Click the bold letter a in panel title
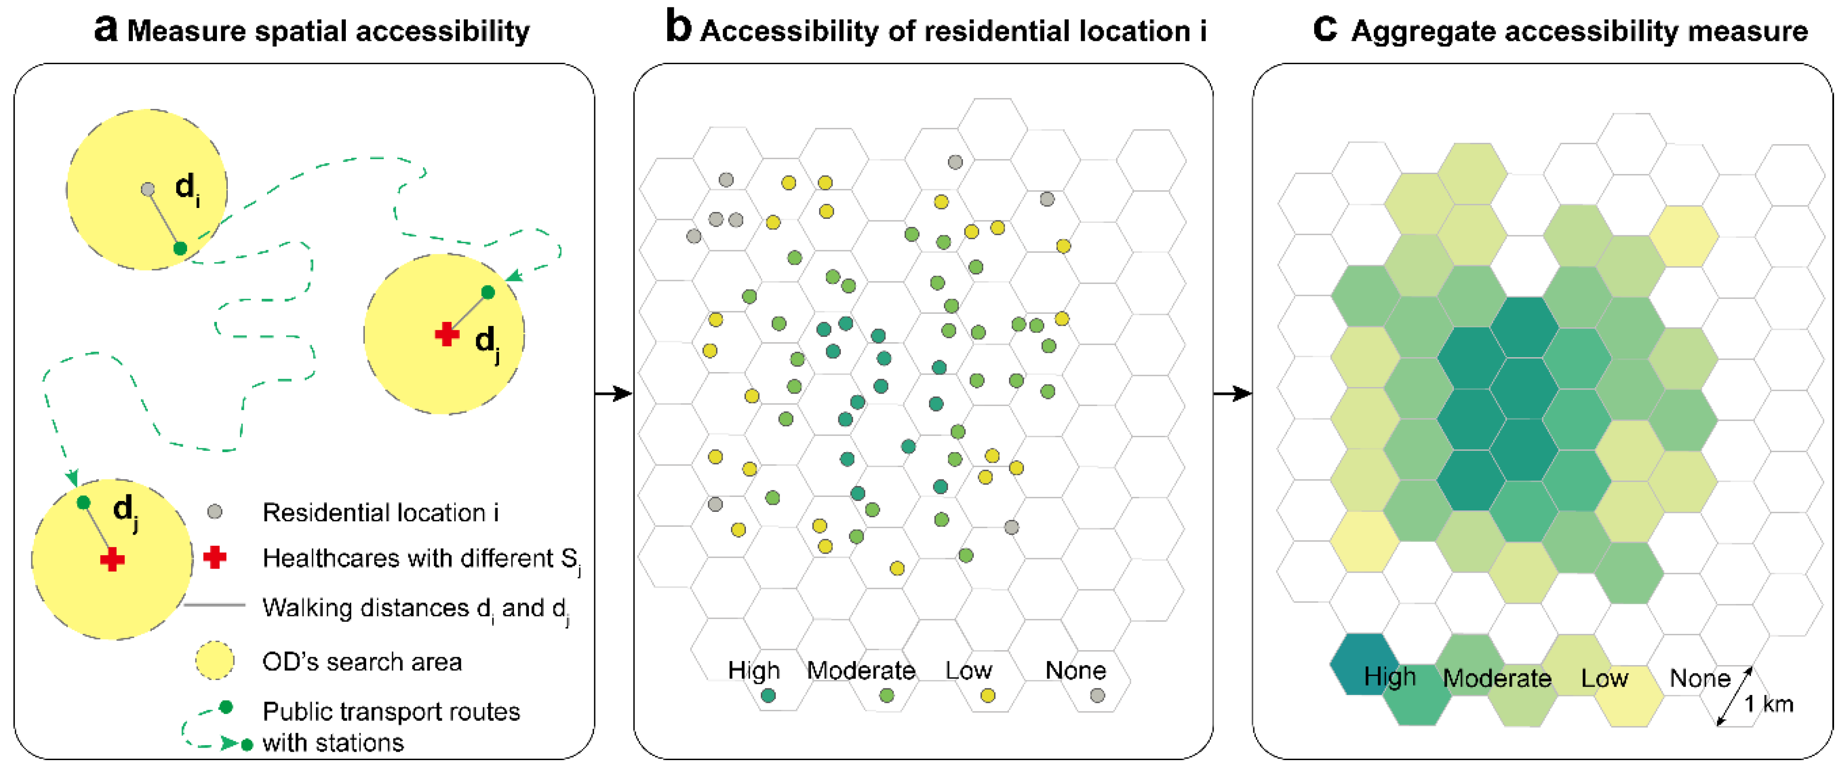tap(105, 30)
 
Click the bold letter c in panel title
tap(1325, 29)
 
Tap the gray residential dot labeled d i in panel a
tap(148, 189)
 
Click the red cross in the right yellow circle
tap(447, 334)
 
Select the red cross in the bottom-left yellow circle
tap(112, 559)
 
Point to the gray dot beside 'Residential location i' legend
tap(214, 512)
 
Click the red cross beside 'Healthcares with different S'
tap(214, 557)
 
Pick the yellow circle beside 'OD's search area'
tap(214, 660)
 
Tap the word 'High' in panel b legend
tap(753, 671)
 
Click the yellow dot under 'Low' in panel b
tap(988, 695)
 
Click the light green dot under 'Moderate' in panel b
tap(887, 695)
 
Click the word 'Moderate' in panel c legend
tap(1497, 678)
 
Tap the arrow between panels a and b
tap(614, 393)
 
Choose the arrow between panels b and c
tap(1232, 393)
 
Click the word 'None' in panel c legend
tap(1700, 678)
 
